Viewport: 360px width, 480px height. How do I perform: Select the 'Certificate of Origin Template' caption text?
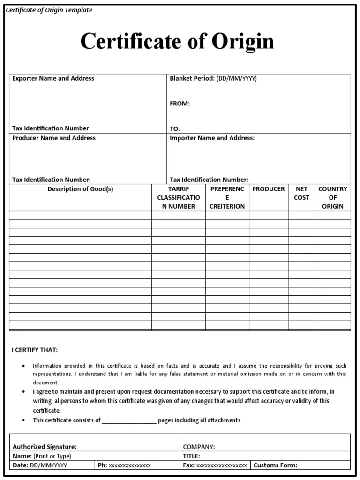(49, 10)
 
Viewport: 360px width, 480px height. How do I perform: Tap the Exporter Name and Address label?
(53, 78)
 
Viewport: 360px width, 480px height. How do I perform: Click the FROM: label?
(180, 104)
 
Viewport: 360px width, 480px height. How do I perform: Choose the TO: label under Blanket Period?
(175, 128)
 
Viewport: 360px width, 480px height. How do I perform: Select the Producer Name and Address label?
(54, 138)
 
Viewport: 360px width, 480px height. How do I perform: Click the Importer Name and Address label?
(212, 138)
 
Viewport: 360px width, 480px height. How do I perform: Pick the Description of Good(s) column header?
(80, 189)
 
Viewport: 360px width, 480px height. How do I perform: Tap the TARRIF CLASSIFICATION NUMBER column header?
(178, 197)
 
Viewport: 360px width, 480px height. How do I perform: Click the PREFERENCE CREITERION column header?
(227, 197)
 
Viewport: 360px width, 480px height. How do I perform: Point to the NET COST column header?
(301, 193)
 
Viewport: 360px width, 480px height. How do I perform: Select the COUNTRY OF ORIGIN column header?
(333, 197)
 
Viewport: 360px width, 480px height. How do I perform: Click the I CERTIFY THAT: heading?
(35, 350)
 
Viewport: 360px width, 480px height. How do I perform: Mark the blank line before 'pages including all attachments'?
(129, 420)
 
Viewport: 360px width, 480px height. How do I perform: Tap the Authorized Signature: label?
(45, 447)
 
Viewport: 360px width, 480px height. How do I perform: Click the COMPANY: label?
(199, 447)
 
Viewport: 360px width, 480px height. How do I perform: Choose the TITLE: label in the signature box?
(191, 456)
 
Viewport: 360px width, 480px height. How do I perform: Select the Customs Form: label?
(275, 465)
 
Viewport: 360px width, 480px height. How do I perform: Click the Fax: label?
(188, 465)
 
